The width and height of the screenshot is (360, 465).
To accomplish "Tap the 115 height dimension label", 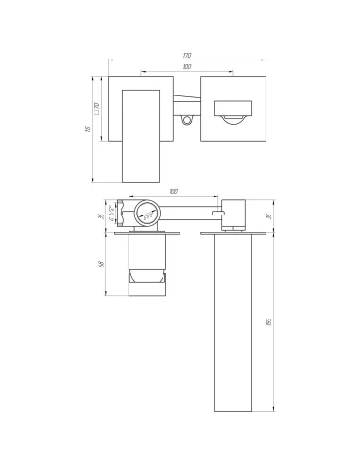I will coord(86,130).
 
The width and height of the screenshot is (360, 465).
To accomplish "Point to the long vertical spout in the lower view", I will coord(232,326).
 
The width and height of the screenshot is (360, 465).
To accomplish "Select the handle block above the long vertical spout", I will coord(234,213).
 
